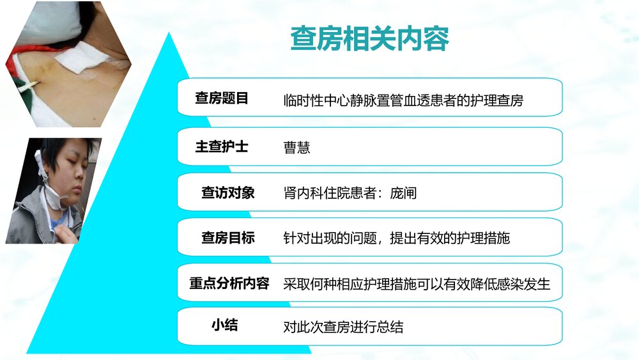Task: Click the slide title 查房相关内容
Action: (370, 38)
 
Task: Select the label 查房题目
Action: (221, 98)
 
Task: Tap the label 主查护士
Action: (221, 146)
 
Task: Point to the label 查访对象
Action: (227, 192)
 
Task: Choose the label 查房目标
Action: (227, 238)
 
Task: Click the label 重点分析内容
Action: (229, 283)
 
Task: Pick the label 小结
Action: (224, 325)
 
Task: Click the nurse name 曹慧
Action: (296, 148)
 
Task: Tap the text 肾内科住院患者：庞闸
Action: (350, 193)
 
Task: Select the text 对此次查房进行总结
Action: (343, 327)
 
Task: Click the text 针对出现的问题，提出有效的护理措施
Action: (396, 239)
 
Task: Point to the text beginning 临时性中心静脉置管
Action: (403, 100)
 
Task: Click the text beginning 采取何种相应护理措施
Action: (417, 284)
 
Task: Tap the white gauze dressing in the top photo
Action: (79, 58)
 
